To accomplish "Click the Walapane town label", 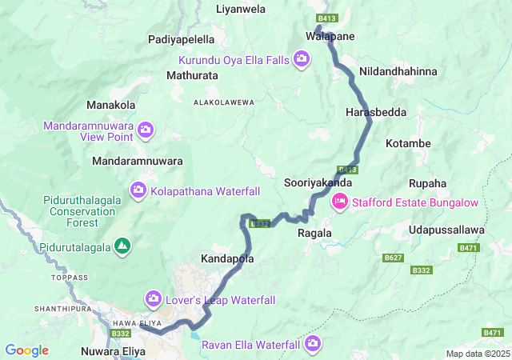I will pyautogui.click(x=330, y=37).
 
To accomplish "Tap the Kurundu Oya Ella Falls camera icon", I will pyautogui.click(x=302, y=58).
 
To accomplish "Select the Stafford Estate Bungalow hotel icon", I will pyautogui.click(x=339, y=202).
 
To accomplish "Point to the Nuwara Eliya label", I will pyautogui.click(x=115, y=350).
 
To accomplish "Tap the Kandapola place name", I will pyautogui.click(x=227, y=259).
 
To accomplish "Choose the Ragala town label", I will pyautogui.click(x=314, y=233).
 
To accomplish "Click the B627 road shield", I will pyautogui.click(x=393, y=258).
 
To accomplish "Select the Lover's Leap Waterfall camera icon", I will pyautogui.click(x=153, y=299).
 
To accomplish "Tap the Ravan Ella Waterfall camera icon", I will pyautogui.click(x=312, y=345).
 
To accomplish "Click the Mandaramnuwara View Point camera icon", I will pyautogui.click(x=146, y=129).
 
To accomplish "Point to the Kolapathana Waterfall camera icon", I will pyautogui.click(x=138, y=190).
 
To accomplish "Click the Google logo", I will pyautogui.click(x=26, y=350).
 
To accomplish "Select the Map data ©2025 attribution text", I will pyautogui.click(x=477, y=354).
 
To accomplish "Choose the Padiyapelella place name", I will pyautogui.click(x=182, y=39).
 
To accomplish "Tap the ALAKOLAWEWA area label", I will pyautogui.click(x=223, y=102).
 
